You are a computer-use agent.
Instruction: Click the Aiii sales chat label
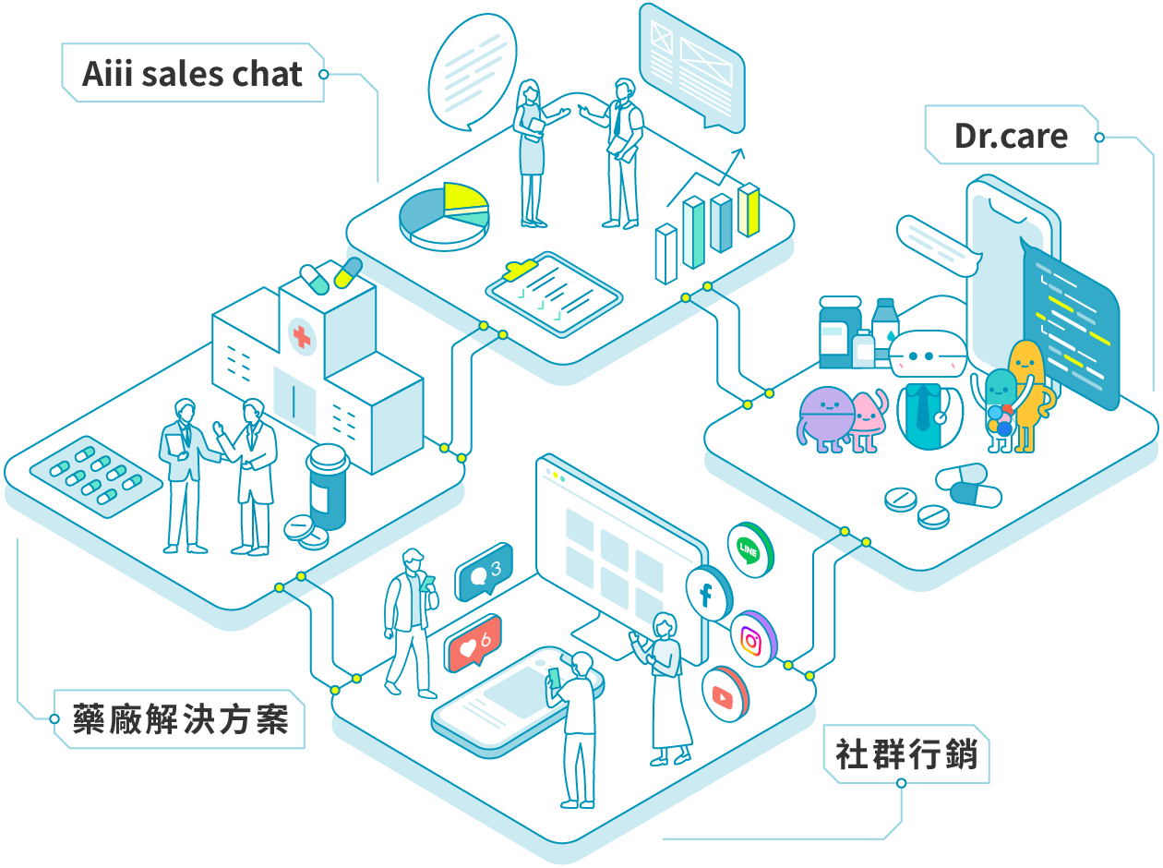tap(192, 74)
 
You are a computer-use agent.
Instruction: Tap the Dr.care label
tap(1011, 137)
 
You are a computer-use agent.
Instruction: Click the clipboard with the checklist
tap(553, 293)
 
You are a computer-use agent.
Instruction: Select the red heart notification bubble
tap(473, 645)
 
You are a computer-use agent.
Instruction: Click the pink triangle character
tap(866, 420)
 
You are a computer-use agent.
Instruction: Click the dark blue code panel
tap(1071, 328)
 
